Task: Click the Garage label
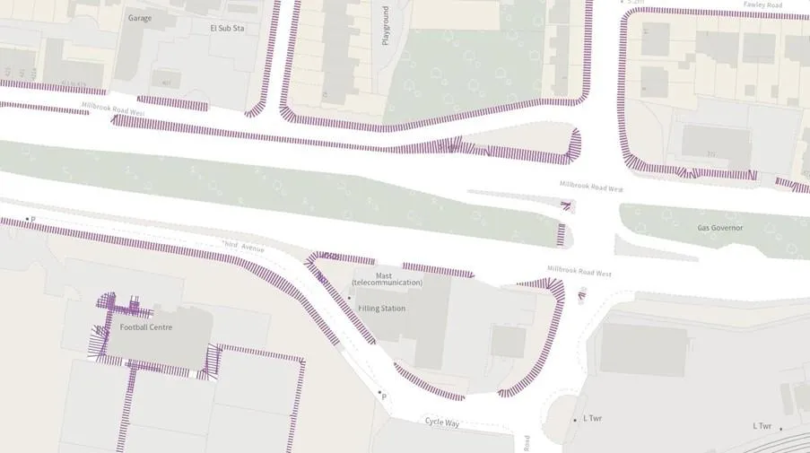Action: tap(139, 18)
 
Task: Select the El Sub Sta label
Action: tap(227, 28)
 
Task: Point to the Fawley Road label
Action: tap(762, 4)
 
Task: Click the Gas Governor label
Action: tap(720, 228)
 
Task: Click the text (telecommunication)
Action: tap(387, 283)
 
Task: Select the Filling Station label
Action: tap(381, 309)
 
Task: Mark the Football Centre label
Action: tap(145, 327)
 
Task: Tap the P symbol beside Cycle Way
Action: tap(384, 396)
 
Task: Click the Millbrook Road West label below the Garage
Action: tap(112, 109)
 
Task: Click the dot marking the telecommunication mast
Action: tap(350, 298)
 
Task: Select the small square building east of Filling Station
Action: tap(508, 341)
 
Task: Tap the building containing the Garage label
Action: tap(144, 40)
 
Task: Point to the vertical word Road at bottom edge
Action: tap(526, 443)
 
